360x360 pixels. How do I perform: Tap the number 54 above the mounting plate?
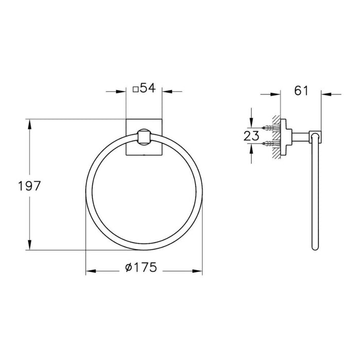pyautogui.click(x=147, y=88)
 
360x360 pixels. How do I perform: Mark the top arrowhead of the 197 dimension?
pyautogui.click(x=30, y=124)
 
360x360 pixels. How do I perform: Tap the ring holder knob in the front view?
pyautogui.click(x=144, y=138)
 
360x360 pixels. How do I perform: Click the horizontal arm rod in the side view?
pyautogui.click(x=301, y=135)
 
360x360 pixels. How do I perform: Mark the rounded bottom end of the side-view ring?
pyautogui.click(x=314, y=247)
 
